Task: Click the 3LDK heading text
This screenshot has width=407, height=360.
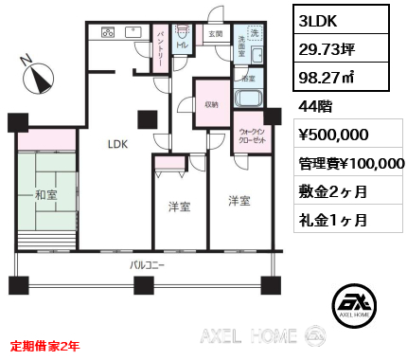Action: pyautogui.click(x=319, y=21)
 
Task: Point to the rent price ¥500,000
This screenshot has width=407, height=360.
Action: pyautogui.click(x=334, y=136)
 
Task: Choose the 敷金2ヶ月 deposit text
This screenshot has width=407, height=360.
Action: pyautogui.click(x=328, y=192)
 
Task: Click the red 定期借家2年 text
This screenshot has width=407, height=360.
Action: pyautogui.click(x=45, y=346)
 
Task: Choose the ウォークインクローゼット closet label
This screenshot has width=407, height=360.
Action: pyautogui.click(x=250, y=137)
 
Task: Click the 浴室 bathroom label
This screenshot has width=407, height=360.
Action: pyautogui.click(x=250, y=80)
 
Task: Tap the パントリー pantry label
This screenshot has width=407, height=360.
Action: pyautogui.click(x=162, y=45)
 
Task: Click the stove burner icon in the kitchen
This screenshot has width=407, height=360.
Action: pyautogui.click(x=108, y=31)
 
